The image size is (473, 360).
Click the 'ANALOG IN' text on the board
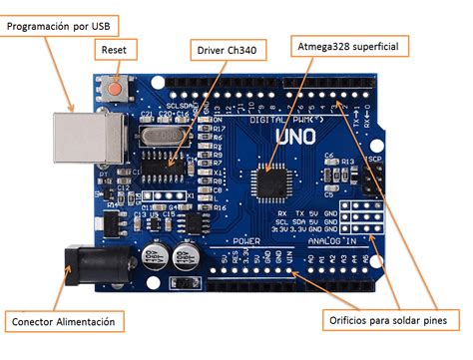coord(330,241)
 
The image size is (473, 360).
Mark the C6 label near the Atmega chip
coord(329,156)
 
